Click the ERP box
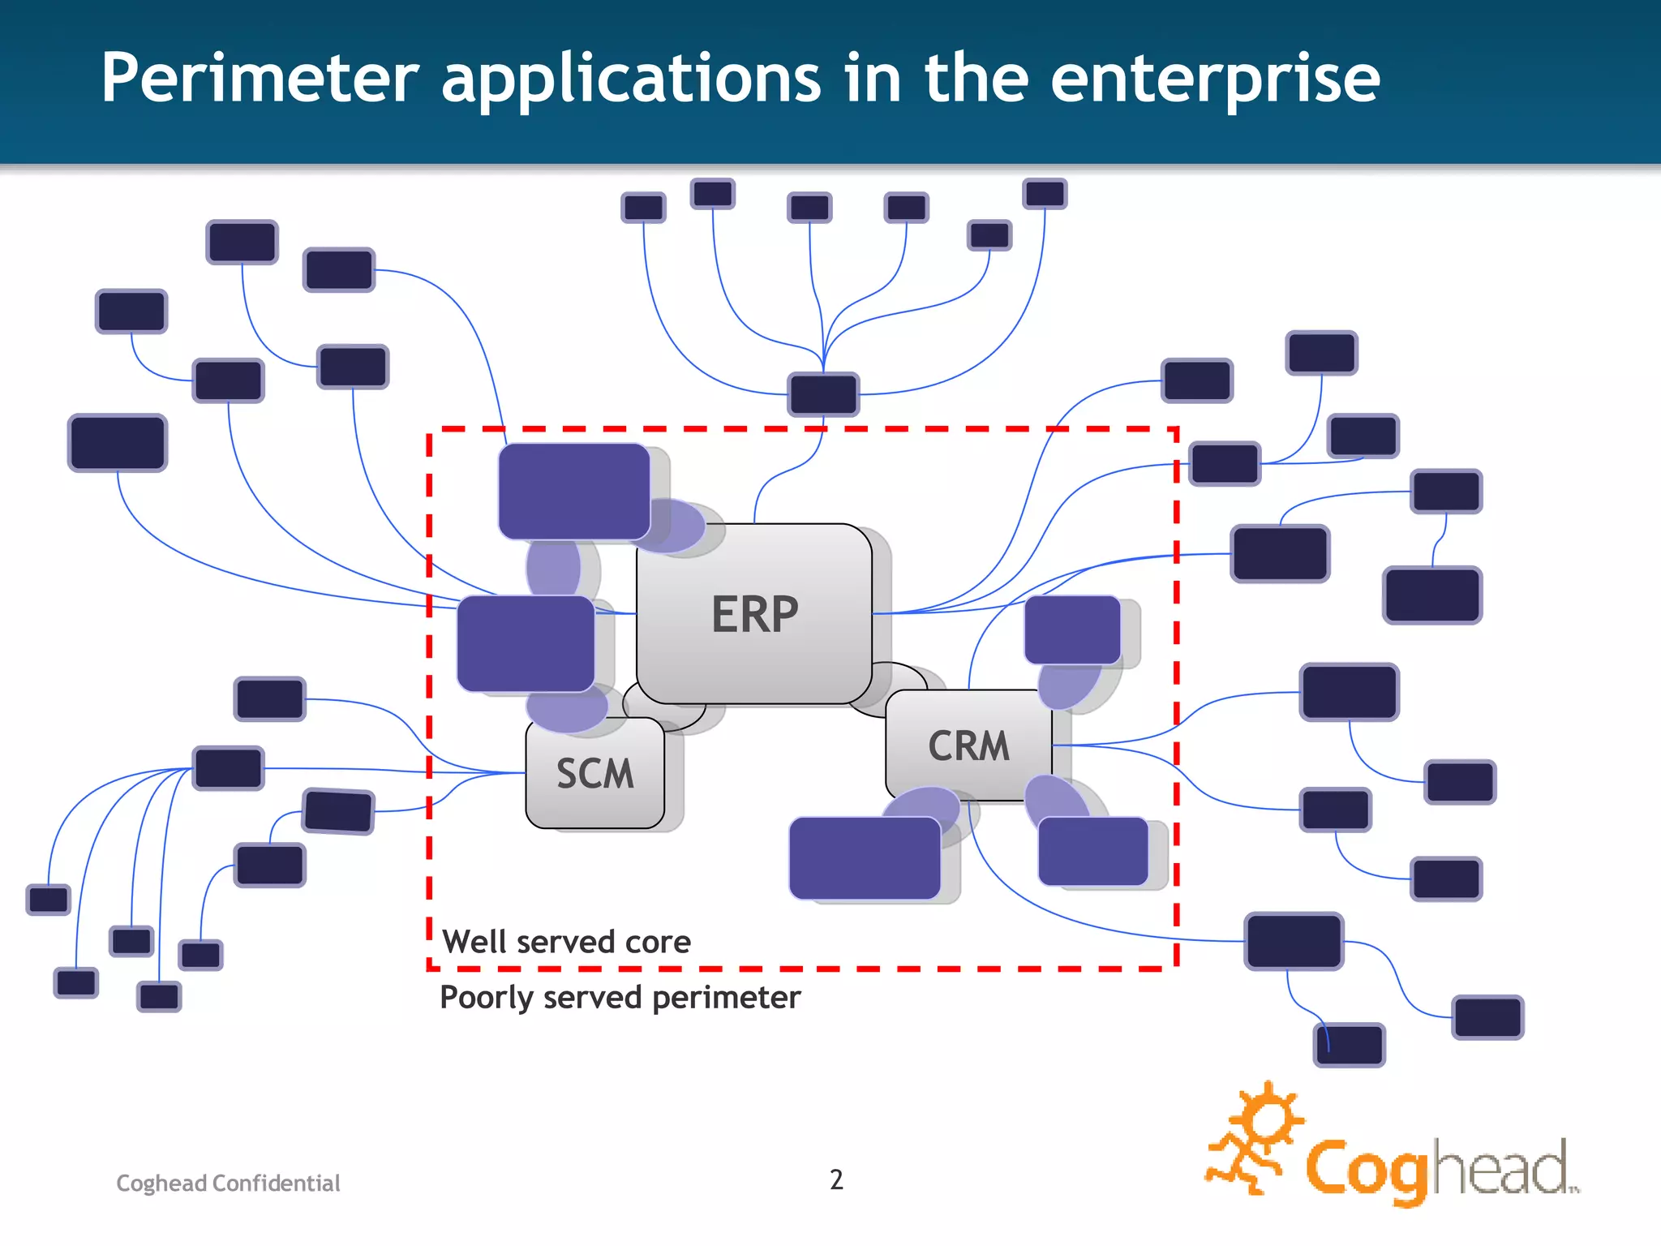coord(754,613)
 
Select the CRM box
coord(968,745)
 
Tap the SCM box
coord(594,773)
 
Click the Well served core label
coord(566,942)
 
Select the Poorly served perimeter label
coord(620,997)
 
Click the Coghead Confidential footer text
coord(228,1183)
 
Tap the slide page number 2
coord(836,1179)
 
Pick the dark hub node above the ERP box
coord(823,394)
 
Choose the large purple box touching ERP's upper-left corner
coord(574,491)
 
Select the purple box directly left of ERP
coord(526,643)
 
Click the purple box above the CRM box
coord(1072,629)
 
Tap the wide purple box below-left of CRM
coord(865,857)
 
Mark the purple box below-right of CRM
coord(1092,851)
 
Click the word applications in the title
coord(631,79)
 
